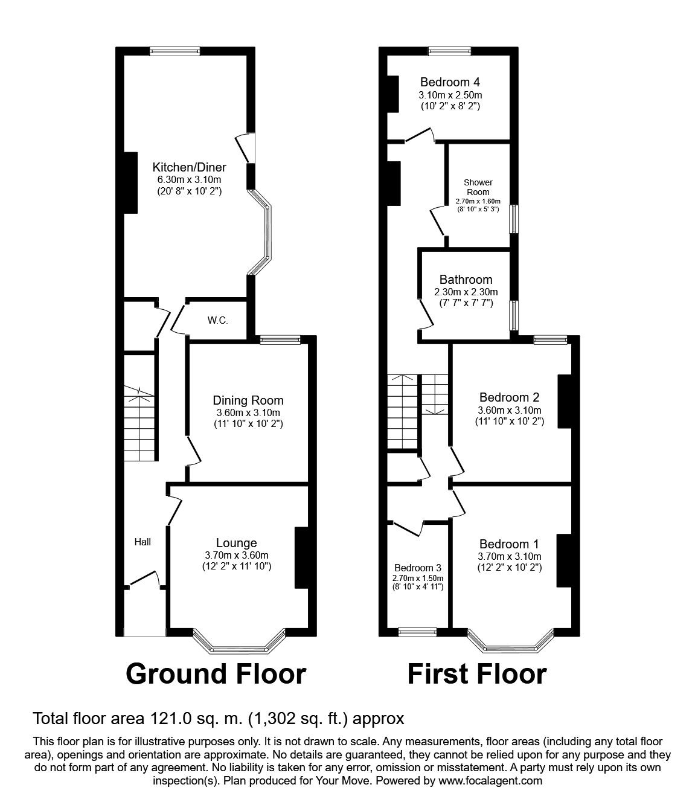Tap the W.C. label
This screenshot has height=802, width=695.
(217, 321)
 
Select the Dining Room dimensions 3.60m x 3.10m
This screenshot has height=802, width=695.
(248, 412)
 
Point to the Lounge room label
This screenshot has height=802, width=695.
(237, 543)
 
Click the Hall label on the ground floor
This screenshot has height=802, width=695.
(143, 542)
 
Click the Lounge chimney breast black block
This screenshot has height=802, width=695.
(301, 557)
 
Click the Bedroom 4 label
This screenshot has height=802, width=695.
(450, 82)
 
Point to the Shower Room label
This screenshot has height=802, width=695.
(478, 187)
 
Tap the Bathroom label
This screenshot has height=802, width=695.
(466, 280)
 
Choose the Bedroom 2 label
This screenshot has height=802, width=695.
(509, 397)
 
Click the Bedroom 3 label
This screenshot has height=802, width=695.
(417, 568)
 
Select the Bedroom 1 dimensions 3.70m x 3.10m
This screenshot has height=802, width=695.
(509, 556)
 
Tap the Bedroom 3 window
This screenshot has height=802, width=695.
(418, 632)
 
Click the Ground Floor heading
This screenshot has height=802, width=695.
(216, 673)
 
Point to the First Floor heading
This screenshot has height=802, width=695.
(477, 673)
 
